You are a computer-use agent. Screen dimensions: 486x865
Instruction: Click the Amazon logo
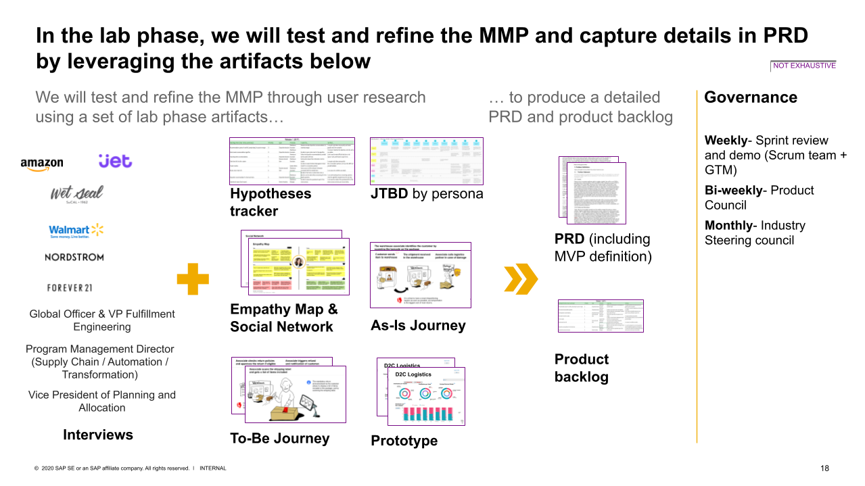pos(41,163)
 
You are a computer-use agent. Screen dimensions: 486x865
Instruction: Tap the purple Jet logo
pos(115,161)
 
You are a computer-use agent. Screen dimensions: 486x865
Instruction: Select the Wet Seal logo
pos(76,194)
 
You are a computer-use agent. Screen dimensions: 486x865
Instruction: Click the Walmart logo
pos(76,230)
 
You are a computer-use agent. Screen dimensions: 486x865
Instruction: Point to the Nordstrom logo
pos(74,258)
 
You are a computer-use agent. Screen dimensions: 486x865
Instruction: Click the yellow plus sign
pos(193,278)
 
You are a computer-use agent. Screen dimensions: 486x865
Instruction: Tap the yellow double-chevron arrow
pos(521,278)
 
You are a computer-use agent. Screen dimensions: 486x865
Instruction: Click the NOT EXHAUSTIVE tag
pos(804,66)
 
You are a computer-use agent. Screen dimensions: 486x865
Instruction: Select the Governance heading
pos(750,97)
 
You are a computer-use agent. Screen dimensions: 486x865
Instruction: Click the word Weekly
pos(725,141)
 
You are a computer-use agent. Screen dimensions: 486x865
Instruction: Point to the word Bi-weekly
pos(732,191)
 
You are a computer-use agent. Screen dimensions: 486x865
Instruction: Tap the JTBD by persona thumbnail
pos(426,161)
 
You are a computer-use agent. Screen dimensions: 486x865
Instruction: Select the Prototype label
pos(404,441)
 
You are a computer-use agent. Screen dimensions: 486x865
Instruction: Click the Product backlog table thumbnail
pos(600,316)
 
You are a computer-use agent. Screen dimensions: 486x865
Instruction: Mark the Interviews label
pos(98,435)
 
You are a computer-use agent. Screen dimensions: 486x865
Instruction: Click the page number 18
pos(824,468)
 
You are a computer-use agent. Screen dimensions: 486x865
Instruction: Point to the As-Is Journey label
pos(418,325)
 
